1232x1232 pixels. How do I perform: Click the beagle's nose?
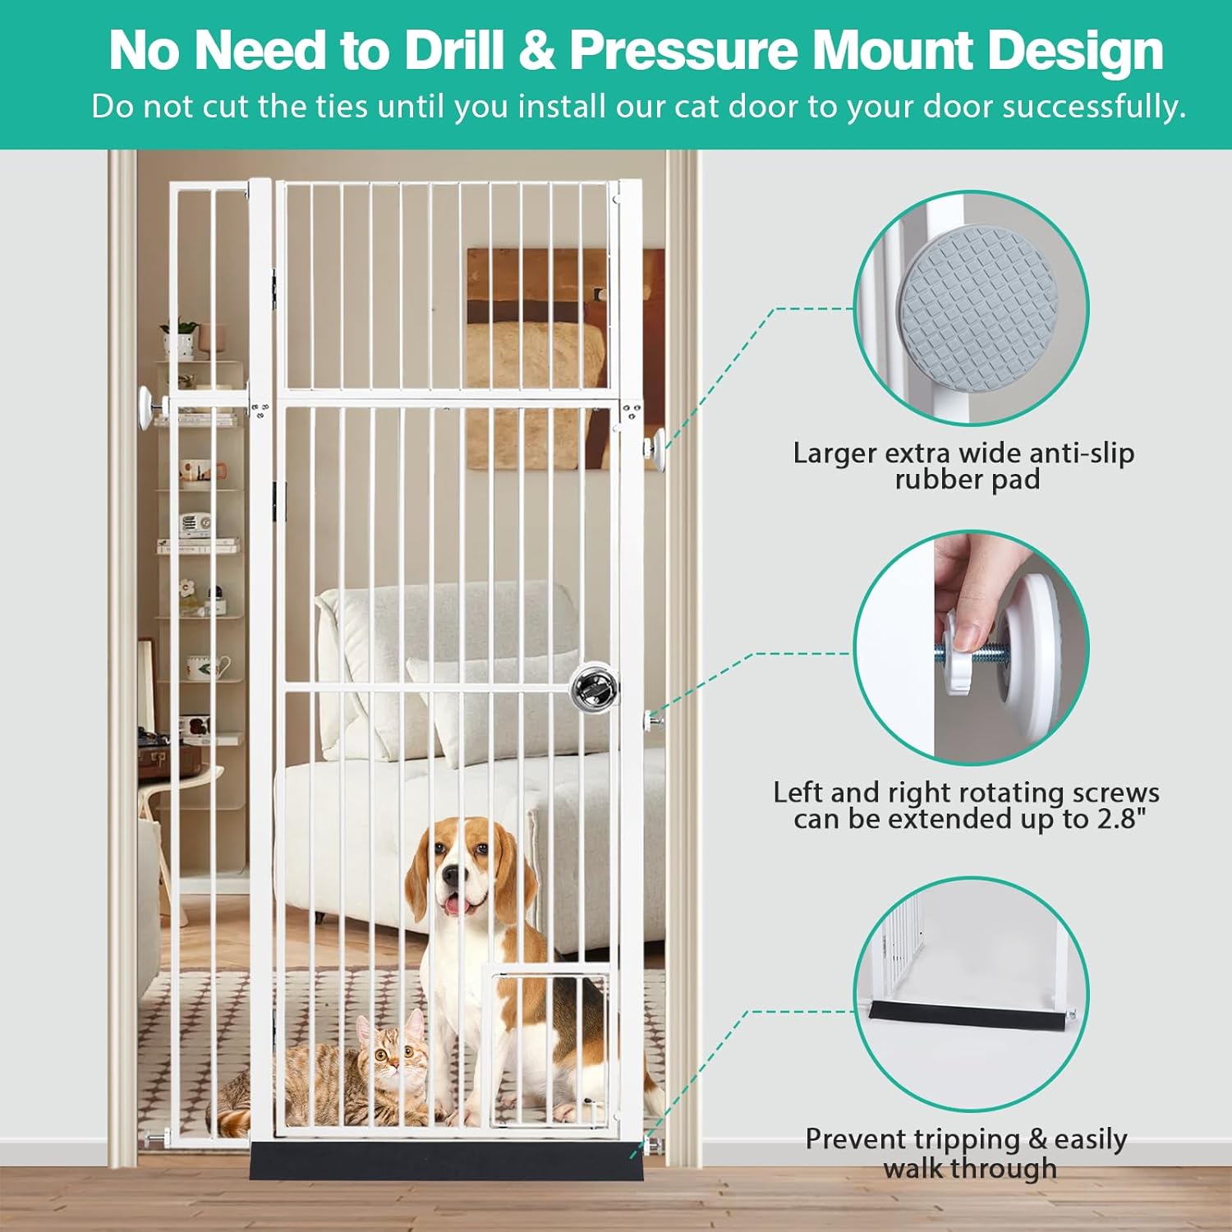click(450, 876)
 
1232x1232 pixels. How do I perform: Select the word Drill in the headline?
click(453, 51)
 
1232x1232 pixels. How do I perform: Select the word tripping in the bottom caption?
click(966, 1139)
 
